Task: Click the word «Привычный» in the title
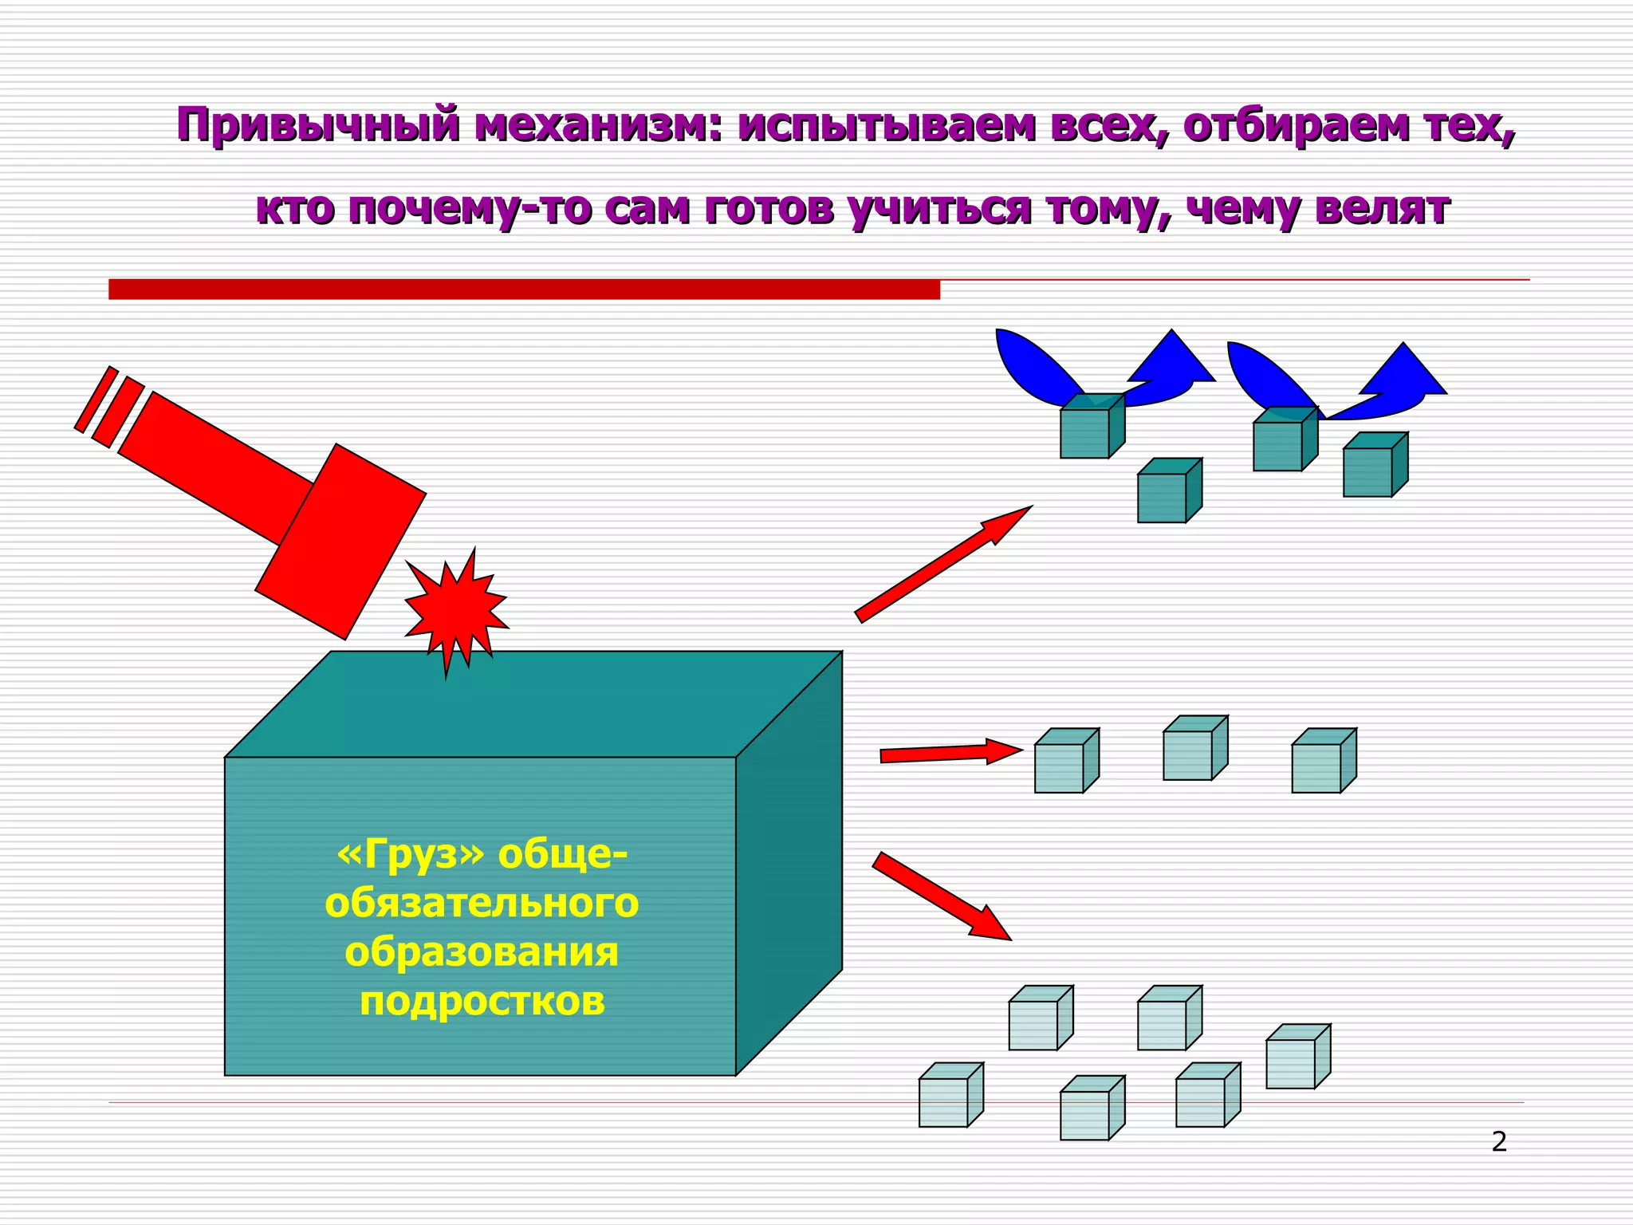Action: [x=318, y=126]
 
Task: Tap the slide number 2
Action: [x=1499, y=1142]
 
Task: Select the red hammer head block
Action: [x=340, y=542]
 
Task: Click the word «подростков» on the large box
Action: [x=482, y=1002]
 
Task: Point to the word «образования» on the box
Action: [x=482, y=952]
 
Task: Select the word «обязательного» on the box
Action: [x=482, y=904]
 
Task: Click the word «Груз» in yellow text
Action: [x=411, y=855]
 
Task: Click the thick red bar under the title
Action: [x=524, y=290]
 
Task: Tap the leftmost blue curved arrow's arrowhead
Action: [x=1172, y=359]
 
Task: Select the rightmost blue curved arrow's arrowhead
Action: [x=1403, y=372]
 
